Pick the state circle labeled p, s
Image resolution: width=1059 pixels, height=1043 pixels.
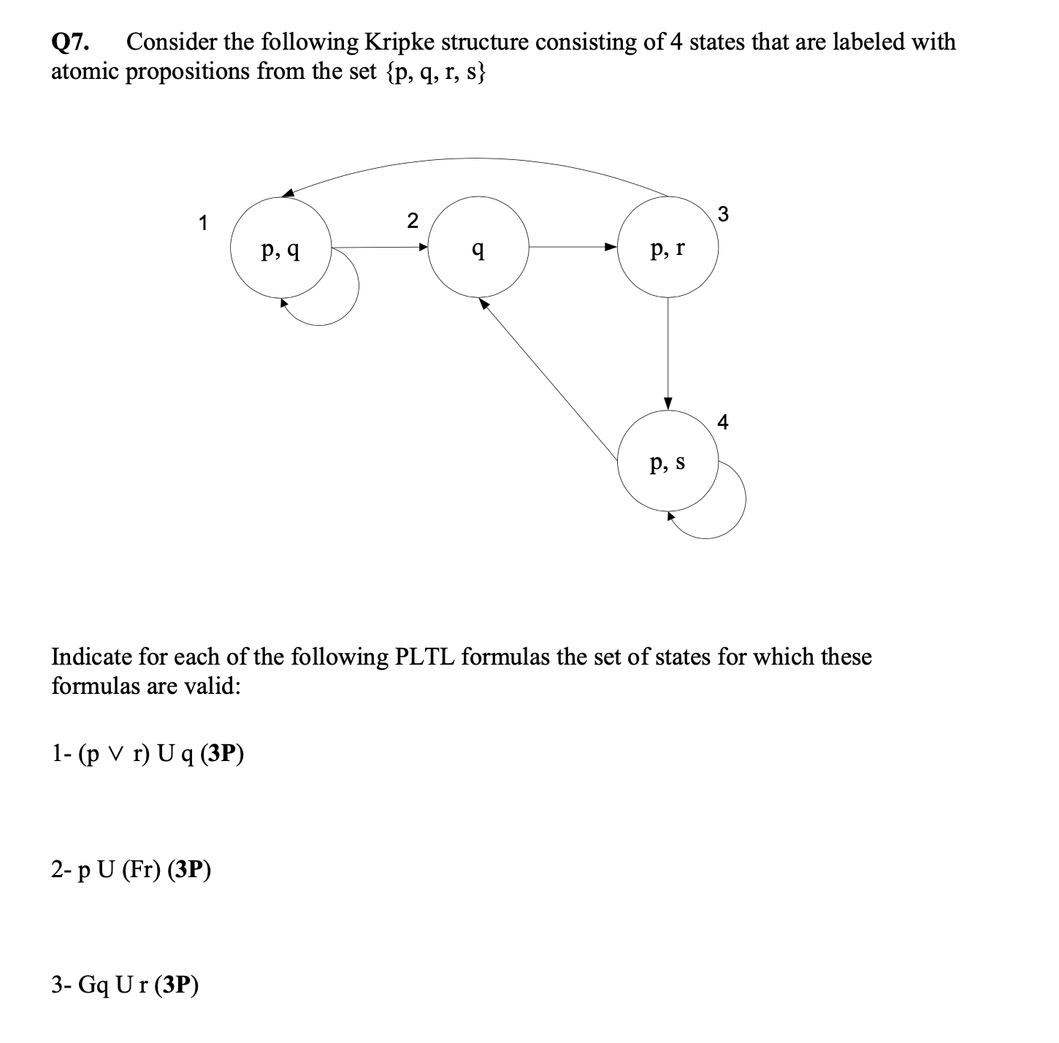pyautogui.click(x=668, y=461)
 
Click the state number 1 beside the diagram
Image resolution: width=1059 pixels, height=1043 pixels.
pyautogui.click(x=203, y=223)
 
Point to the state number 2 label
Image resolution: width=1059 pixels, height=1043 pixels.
pyautogui.click(x=413, y=220)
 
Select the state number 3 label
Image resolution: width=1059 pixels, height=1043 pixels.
pyautogui.click(x=723, y=214)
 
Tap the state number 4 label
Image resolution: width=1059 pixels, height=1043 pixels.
pyautogui.click(x=723, y=422)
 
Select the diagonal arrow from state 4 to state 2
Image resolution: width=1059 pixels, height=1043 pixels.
pyautogui.click(x=548, y=380)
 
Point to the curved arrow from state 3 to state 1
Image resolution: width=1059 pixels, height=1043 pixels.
pyautogui.click(x=475, y=159)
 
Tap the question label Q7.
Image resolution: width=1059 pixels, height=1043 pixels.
pyautogui.click(x=71, y=42)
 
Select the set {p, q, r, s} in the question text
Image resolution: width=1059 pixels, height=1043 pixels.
pyautogui.click(x=434, y=72)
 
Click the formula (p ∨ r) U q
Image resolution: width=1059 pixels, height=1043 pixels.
pyautogui.click(x=132, y=754)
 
